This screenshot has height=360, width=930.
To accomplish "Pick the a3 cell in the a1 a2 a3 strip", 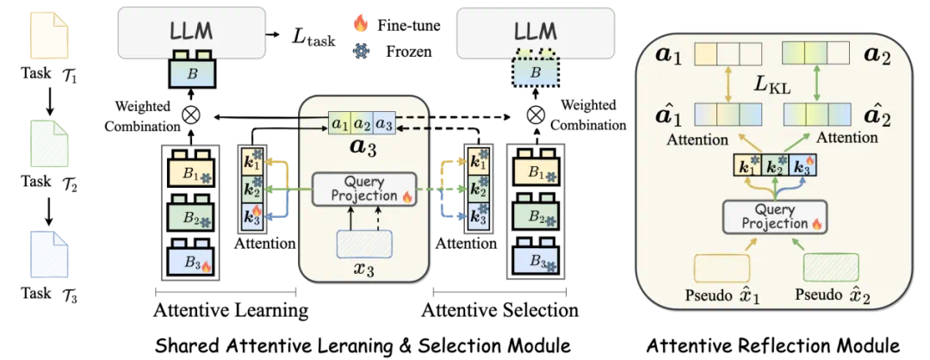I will [x=385, y=124].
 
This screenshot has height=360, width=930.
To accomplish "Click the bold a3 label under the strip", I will [x=362, y=146].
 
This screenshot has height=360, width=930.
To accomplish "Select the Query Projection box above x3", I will [x=363, y=189].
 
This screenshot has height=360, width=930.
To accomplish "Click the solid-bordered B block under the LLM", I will [x=192, y=72].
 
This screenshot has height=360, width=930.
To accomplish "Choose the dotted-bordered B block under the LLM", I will [x=536, y=72].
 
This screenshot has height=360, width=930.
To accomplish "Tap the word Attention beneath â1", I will [x=696, y=138].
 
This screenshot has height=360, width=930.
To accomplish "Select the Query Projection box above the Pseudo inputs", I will [x=773, y=218].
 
